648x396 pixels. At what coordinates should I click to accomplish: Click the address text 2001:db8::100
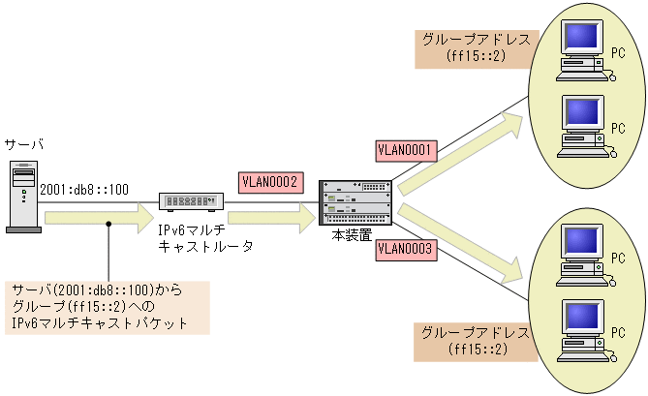pyautogui.click(x=83, y=190)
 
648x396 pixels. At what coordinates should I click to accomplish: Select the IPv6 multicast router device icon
pyautogui.click(x=192, y=202)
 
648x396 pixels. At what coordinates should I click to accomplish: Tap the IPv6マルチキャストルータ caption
pyautogui.click(x=205, y=238)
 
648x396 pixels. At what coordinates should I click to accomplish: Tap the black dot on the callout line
pyautogui.click(x=110, y=225)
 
